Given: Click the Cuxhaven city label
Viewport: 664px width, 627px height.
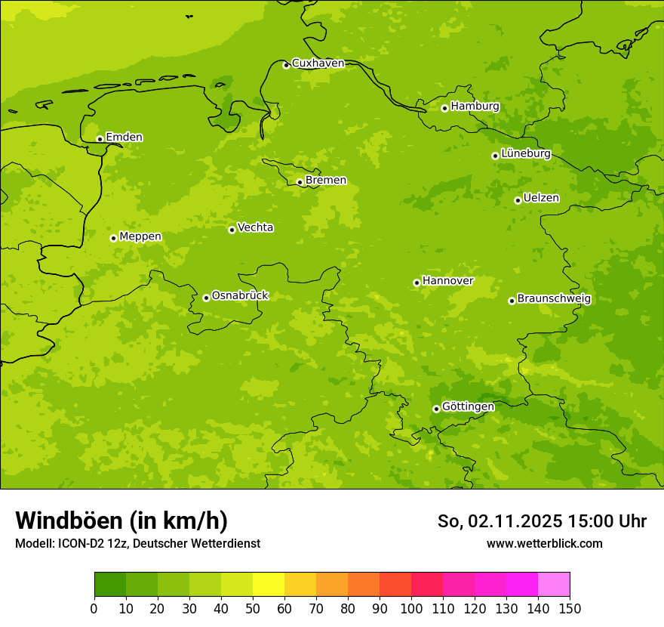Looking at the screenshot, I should [x=318, y=63].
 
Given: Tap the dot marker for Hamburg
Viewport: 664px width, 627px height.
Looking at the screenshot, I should [x=444, y=108].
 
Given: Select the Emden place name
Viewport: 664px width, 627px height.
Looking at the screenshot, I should [x=124, y=137].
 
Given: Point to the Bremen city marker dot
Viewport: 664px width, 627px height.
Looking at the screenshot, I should [x=300, y=182].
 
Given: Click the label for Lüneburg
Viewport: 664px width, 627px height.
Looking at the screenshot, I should [x=526, y=154].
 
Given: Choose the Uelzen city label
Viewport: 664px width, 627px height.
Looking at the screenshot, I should [x=541, y=199].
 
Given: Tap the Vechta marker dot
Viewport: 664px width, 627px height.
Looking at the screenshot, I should [x=232, y=230].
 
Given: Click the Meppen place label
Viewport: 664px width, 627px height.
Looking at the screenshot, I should [x=140, y=236].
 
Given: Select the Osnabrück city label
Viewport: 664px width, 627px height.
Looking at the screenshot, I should [x=240, y=296].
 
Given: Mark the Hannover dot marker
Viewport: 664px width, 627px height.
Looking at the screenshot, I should [x=417, y=283].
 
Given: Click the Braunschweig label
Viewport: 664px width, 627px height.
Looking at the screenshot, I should [x=554, y=299].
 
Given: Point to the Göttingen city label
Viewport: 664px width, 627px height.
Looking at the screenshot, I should [x=468, y=407].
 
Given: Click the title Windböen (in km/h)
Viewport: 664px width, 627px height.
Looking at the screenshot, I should [x=121, y=520].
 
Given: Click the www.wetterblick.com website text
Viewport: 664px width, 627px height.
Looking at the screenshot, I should [x=544, y=544].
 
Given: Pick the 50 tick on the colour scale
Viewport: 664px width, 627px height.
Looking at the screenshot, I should [x=253, y=608].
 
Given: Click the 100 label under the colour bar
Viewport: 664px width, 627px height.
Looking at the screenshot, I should [x=411, y=608].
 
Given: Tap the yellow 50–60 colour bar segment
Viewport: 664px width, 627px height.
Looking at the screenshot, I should [x=269, y=585].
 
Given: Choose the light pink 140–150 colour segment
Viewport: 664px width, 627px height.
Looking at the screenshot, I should [x=554, y=585].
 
